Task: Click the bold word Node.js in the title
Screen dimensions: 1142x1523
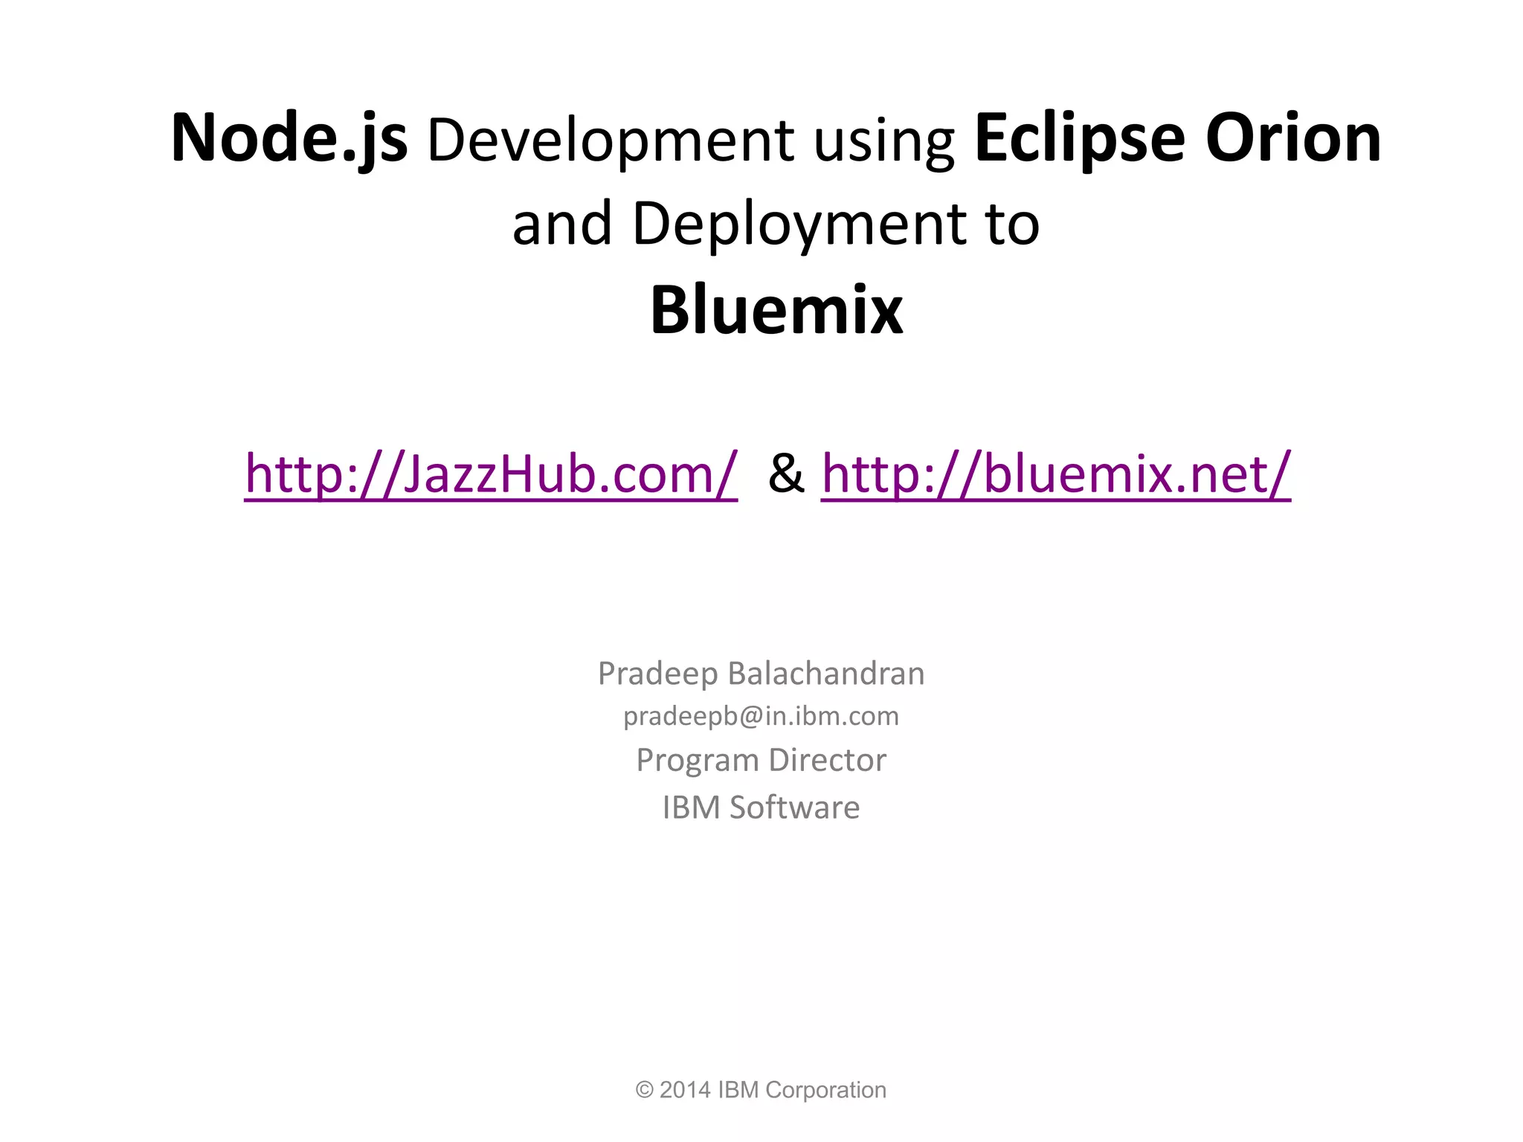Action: coord(289,139)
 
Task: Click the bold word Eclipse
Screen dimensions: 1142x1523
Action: coord(1079,139)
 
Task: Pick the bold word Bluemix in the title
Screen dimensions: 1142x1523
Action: coord(776,310)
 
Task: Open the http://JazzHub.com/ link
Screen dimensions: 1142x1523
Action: coord(491,474)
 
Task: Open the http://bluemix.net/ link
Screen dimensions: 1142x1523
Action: coord(1056,474)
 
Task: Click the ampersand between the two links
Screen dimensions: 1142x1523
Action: coord(786,474)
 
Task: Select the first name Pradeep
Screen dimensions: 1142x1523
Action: coord(657,674)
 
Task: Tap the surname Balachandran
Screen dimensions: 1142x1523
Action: coord(826,674)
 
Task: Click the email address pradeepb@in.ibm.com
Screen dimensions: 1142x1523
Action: coord(761,716)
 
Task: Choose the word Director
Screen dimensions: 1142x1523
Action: coord(827,760)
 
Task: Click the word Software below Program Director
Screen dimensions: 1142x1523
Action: coord(794,807)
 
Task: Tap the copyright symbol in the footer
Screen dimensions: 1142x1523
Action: coord(643,1090)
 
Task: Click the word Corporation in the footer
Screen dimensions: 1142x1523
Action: coord(825,1090)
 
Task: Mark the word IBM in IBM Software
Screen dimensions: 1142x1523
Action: coord(692,807)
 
